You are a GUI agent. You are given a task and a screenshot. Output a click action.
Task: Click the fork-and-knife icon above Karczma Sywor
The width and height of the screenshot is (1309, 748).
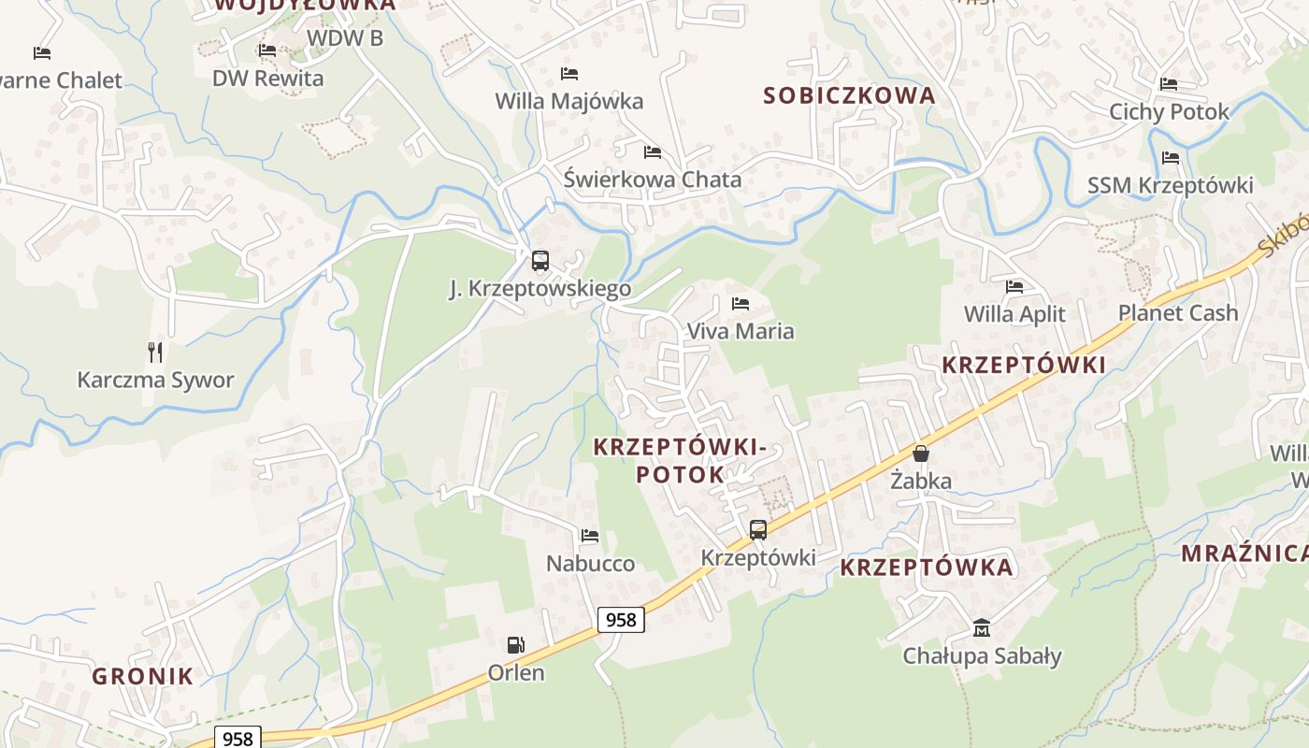coord(155,352)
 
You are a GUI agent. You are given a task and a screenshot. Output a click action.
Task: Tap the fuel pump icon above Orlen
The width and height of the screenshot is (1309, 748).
coord(515,645)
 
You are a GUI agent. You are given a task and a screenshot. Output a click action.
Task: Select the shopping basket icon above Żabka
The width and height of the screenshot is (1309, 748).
coord(921,453)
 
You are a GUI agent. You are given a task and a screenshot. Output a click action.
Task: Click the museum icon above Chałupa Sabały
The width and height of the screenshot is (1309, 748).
coord(982,627)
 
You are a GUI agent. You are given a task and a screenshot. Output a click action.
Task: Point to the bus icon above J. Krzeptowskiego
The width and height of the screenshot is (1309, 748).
coord(539,261)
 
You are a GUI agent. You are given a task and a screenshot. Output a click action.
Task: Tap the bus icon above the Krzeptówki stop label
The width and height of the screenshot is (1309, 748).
coord(758,530)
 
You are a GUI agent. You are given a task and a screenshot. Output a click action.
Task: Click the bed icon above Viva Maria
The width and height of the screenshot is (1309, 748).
coord(741,304)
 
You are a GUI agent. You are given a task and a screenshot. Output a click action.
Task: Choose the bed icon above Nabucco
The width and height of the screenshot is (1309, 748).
coord(590,537)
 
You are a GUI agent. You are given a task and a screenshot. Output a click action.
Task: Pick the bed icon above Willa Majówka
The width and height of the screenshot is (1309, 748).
coord(568,74)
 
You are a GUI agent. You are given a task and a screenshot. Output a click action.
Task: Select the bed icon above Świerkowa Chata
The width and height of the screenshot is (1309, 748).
coord(652,152)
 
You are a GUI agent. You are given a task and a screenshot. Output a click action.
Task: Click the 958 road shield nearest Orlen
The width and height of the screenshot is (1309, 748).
coord(621,620)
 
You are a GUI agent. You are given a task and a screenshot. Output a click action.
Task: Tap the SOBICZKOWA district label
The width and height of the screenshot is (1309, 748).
coord(849,95)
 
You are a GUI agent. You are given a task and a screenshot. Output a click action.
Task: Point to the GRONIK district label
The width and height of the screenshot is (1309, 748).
coord(142,677)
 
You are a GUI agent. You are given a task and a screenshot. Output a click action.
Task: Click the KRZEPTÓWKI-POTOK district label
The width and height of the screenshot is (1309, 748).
coord(681,461)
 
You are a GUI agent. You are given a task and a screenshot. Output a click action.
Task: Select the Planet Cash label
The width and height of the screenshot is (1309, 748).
coord(1178,313)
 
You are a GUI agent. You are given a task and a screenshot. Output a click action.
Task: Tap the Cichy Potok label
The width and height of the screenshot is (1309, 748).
coord(1169,112)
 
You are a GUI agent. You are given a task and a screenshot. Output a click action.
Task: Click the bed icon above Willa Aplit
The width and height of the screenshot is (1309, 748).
coord(1014,287)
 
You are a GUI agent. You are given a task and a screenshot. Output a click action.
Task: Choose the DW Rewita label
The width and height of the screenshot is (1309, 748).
coord(267,79)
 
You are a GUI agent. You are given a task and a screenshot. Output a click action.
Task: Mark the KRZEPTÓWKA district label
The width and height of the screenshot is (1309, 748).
coord(926,568)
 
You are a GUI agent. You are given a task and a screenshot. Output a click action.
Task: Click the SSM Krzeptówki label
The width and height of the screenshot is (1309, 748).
coord(1170,186)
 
